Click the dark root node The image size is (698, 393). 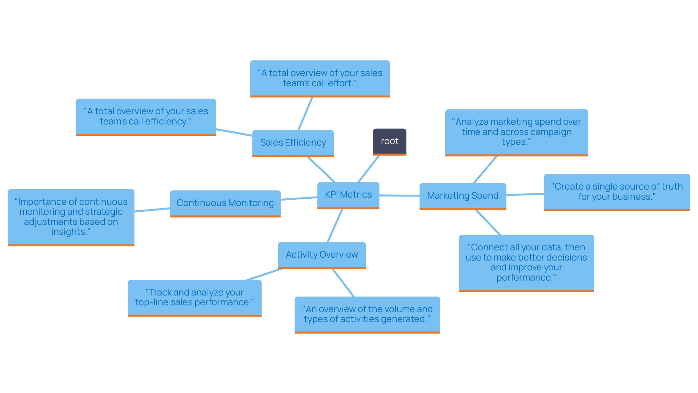point(389,142)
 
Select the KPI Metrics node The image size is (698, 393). point(348,195)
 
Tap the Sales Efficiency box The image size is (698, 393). point(293,143)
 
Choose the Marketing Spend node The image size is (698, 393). point(462,196)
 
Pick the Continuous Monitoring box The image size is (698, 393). point(225,203)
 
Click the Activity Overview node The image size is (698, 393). point(322,255)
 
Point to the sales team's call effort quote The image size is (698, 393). point(320,78)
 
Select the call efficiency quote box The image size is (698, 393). point(146,116)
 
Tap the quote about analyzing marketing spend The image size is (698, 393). point(516,132)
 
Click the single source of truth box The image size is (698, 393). point(617,192)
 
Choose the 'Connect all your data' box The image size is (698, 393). point(526,262)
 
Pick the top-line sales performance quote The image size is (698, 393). point(194,297)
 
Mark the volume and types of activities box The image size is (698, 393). point(367,314)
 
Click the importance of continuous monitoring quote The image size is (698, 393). point(71,217)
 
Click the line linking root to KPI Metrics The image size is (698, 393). point(369,169)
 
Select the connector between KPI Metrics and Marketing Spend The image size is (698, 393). point(399,195)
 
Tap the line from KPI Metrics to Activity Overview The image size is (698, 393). point(335,226)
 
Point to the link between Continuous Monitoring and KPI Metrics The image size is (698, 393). point(299,198)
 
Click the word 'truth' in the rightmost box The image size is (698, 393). point(672,187)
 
